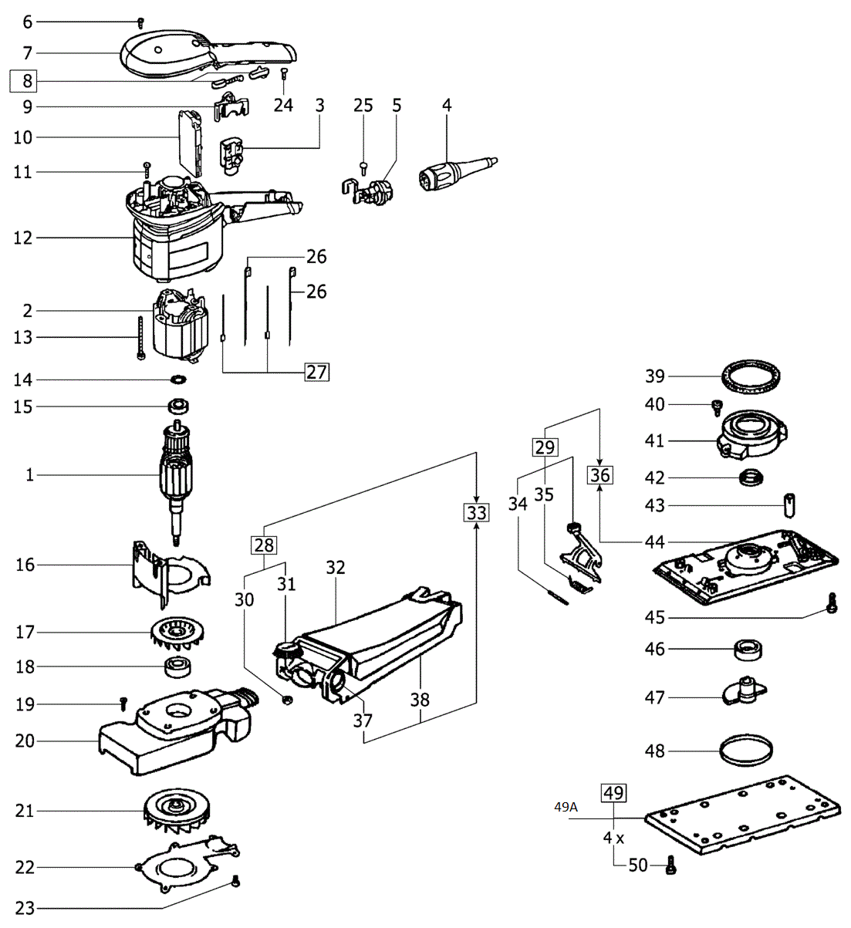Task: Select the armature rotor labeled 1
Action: (176, 482)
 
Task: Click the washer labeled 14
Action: (178, 380)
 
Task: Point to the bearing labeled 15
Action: (178, 407)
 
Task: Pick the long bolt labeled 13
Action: (140, 337)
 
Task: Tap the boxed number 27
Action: (317, 372)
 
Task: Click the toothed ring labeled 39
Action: (751, 376)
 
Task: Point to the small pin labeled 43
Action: (789, 506)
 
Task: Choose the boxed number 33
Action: (477, 513)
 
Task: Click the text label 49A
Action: (566, 807)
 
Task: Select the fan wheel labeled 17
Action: (177, 633)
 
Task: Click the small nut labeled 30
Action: (286, 700)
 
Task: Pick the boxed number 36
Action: (600, 475)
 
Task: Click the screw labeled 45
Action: (832, 604)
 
